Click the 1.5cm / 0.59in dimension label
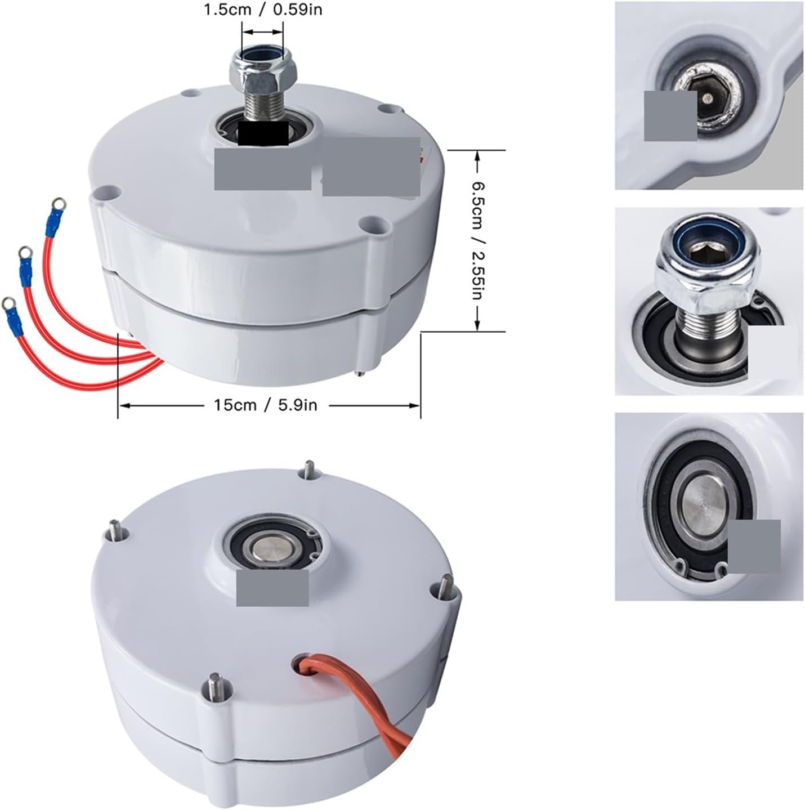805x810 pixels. click(x=263, y=9)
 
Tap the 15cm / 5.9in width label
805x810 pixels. click(x=265, y=405)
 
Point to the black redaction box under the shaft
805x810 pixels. click(x=263, y=132)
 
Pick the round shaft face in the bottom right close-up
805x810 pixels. click(x=701, y=498)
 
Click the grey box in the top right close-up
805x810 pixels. click(x=670, y=115)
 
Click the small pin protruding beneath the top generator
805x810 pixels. click(x=359, y=372)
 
